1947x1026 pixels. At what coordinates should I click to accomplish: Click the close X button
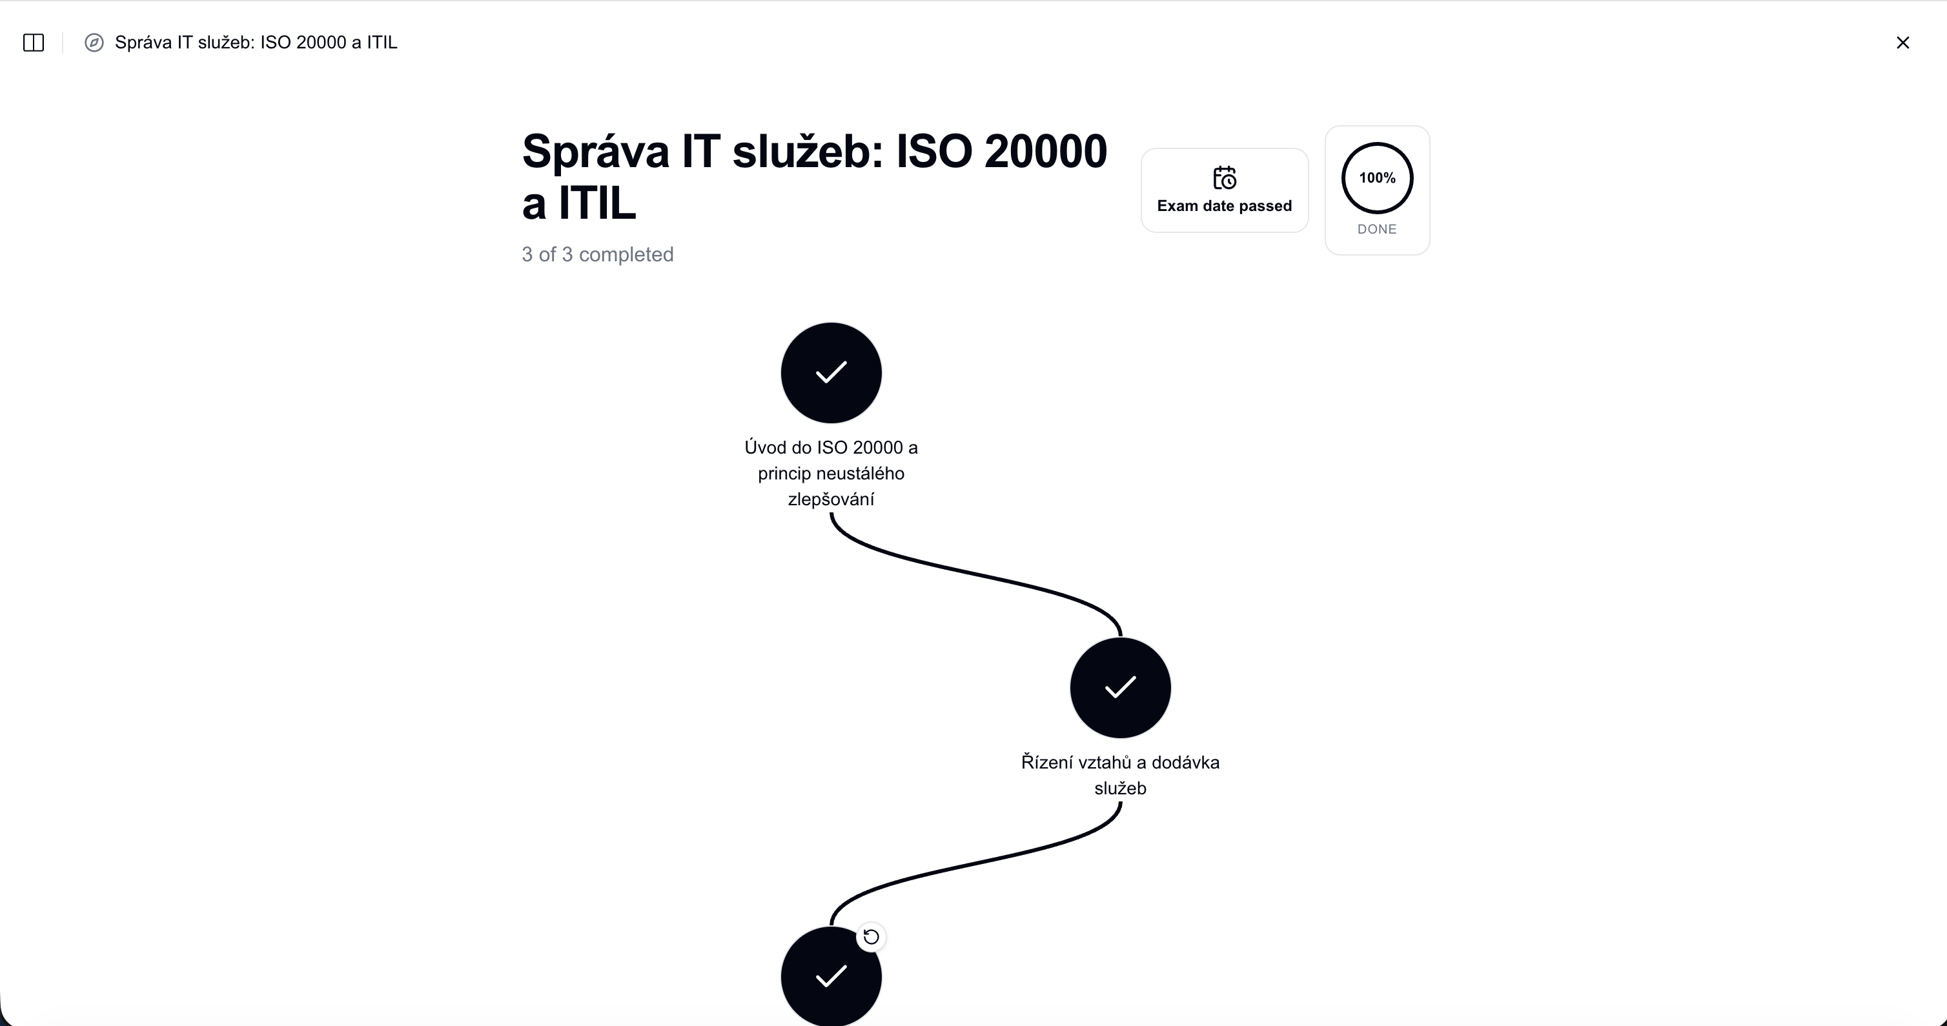[1902, 43]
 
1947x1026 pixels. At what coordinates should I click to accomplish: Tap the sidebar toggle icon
[34, 43]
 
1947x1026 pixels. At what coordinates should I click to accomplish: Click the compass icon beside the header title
[94, 43]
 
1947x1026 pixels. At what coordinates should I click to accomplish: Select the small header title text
[256, 43]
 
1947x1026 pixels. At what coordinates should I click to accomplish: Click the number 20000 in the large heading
[1045, 151]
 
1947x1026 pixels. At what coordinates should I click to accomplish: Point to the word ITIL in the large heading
[597, 203]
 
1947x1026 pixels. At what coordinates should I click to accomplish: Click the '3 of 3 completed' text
[597, 255]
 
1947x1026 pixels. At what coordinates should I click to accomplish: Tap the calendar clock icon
[1225, 177]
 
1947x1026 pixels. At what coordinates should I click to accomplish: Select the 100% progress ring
[1377, 143]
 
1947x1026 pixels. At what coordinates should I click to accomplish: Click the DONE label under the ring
[1377, 229]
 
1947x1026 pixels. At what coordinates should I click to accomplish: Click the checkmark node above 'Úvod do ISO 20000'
[831, 372]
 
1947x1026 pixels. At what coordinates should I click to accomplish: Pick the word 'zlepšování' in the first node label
[831, 499]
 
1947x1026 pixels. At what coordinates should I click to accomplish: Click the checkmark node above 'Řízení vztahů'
[1120, 687]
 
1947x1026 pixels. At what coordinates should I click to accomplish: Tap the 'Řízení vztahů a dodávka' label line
[1120, 762]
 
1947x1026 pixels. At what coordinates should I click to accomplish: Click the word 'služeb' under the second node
[1120, 788]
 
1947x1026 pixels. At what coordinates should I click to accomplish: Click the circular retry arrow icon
[872, 937]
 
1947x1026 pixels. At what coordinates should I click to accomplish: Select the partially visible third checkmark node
[831, 976]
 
